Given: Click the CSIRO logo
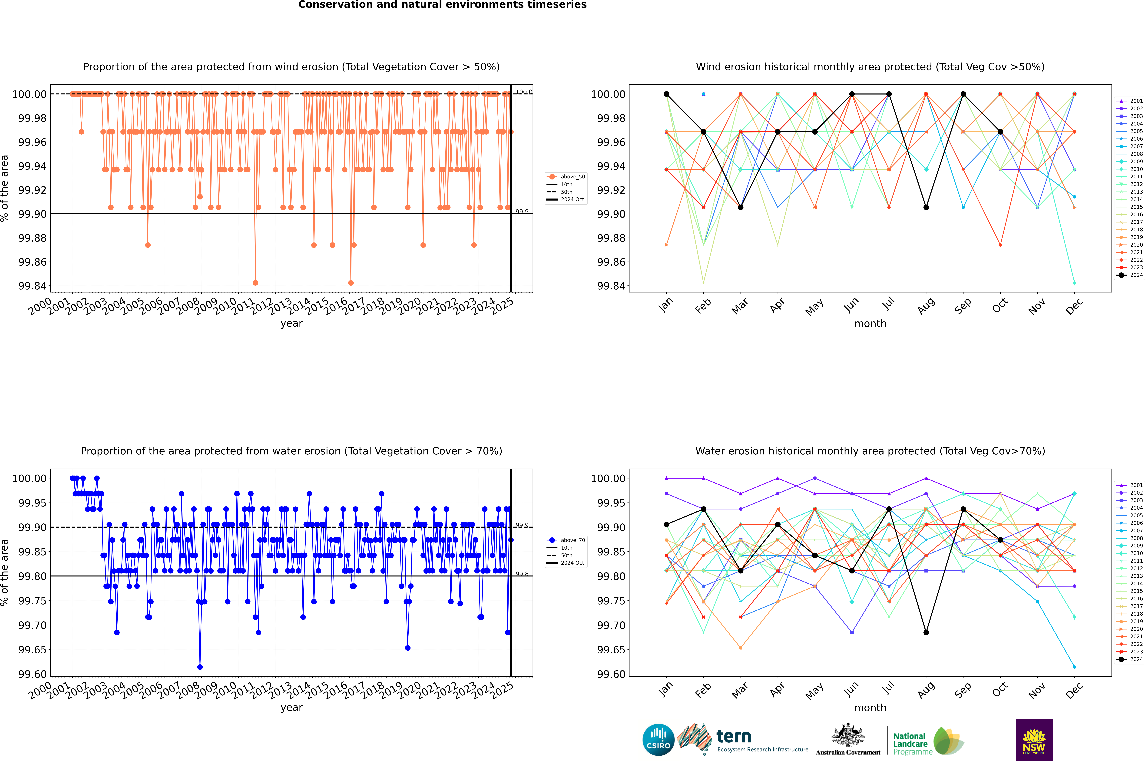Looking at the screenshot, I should pos(658,740).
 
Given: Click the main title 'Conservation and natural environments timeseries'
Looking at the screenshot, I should pos(442,5).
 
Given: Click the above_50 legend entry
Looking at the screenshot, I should pos(566,177).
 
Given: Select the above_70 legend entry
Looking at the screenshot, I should pos(566,540).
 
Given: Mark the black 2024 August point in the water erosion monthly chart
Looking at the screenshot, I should pos(926,632).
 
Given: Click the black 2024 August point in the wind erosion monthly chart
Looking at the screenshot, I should pos(926,207).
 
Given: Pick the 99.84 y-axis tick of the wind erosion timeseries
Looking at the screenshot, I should pos(33,286).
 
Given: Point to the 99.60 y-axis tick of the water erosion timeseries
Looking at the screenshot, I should pos(33,674).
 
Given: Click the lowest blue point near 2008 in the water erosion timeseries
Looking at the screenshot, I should pos(200,667).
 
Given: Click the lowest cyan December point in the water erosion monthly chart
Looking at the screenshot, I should pos(1074,667).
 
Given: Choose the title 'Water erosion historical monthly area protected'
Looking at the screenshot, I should pos(870,451).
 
